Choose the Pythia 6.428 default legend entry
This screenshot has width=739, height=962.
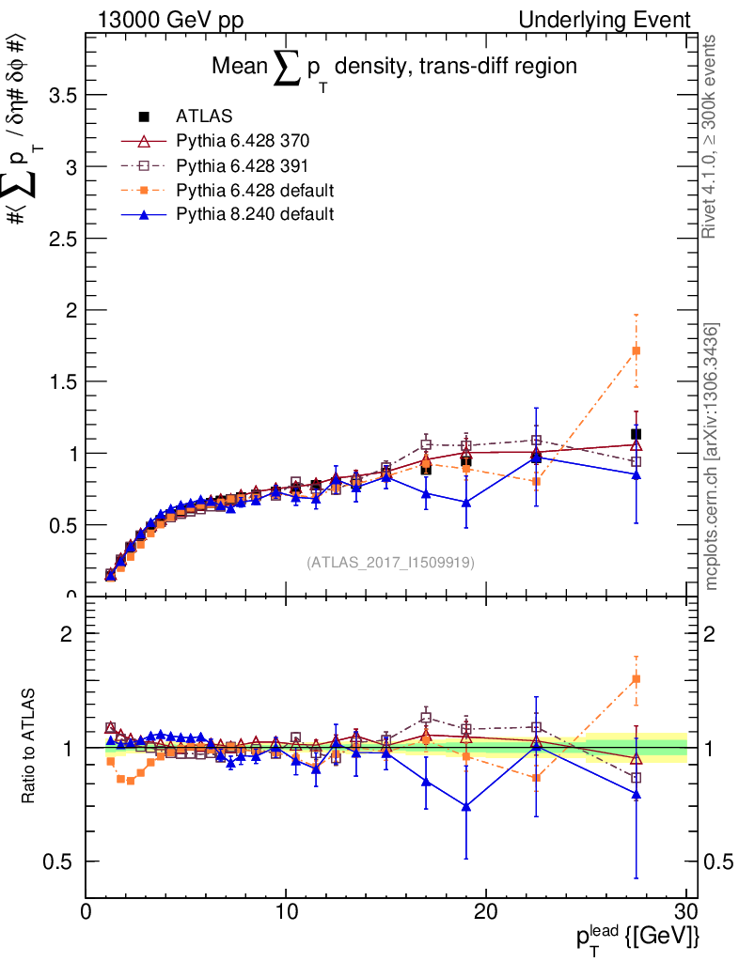tap(255, 191)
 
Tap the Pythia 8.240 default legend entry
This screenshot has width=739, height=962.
tap(255, 214)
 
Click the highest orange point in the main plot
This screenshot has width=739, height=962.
tap(637, 351)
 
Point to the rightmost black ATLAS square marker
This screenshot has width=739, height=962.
tap(637, 434)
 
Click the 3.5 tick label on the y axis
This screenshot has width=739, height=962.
tap(59, 96)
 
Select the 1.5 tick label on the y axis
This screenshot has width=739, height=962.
tap(59, 381)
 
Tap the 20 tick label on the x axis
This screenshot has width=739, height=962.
tap(486, 912)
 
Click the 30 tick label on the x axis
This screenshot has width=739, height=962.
tap(685, 912)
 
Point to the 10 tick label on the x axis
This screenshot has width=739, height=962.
tap(286, 912)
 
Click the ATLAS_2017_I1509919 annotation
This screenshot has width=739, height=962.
tap(390, 563)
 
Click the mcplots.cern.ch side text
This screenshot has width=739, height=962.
tap(713, 457)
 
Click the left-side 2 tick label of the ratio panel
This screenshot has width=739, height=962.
tap(67, 634)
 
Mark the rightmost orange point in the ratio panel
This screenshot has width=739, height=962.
tap(637, 679)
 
